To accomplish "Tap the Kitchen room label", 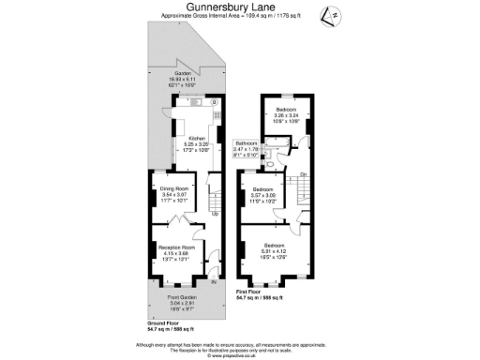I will [x=197, y=138].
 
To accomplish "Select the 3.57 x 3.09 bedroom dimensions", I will [x=263, y=196].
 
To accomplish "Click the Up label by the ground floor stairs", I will [x=214, y=213].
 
